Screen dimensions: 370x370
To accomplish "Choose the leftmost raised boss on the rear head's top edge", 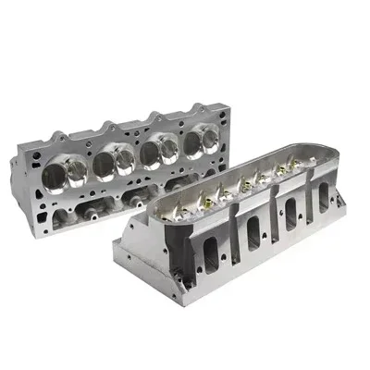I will (57, 129).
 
